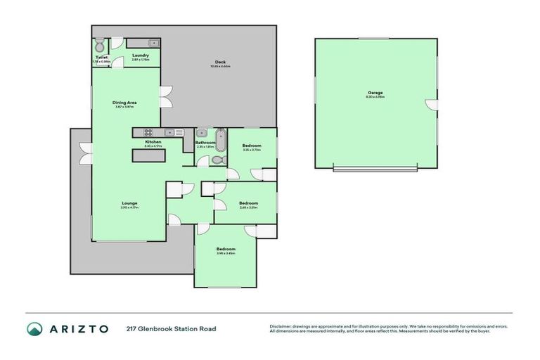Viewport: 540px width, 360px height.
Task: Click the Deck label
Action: pyautogui.click(x=220, y=63)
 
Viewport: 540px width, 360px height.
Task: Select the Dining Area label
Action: pyautogui.click(x=124, y=103)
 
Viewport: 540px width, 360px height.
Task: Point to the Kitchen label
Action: pyautogui.click(x=153, y=142)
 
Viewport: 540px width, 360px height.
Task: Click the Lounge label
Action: pyautogui.click(x=129, y=203)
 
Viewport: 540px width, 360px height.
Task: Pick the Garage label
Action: pyautogui.click(x=375, y=92)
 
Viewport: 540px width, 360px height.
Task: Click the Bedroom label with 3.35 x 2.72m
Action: pyautogui.click(x=251, y=146)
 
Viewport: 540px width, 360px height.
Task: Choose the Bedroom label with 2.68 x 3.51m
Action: pyautogui.click(x=248, y=203)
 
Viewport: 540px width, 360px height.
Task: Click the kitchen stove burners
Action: pyautogui.click(x=148, y=132)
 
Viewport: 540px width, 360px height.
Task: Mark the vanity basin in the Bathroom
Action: pyautogui.click(x=201, y=132)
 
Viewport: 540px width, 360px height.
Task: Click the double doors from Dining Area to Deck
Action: pyautogui.click(x=165, y=96)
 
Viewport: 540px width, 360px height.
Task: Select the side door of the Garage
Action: pyautogui.click(x=429, y=105)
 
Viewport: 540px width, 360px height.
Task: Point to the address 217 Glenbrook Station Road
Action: pyautogui.click(x=172, y=328)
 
